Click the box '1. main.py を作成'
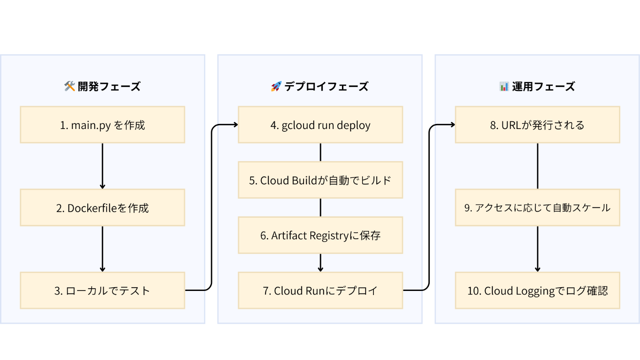(102, 125)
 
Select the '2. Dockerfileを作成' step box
(102, 208)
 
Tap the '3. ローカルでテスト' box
(102, 290)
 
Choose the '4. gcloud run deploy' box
(320, 125)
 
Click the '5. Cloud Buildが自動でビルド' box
(320, 180)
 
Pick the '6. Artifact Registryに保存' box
(320, 235)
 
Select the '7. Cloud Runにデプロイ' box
(320, 290)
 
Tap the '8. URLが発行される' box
(538, 125)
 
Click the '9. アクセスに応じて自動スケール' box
(538, 208)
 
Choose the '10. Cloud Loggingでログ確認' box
(538, 290)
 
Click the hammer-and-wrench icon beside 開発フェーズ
(69, 86)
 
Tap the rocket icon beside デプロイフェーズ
(276, 86)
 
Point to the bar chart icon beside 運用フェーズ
(504, 86)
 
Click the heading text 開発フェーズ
(109, 86)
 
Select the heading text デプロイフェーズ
(326, 86)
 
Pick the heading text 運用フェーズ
(544, 86)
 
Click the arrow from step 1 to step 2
(102, 166)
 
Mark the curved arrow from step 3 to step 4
(211, 208)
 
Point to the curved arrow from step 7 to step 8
(429, 208)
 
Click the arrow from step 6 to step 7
(320, 263)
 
